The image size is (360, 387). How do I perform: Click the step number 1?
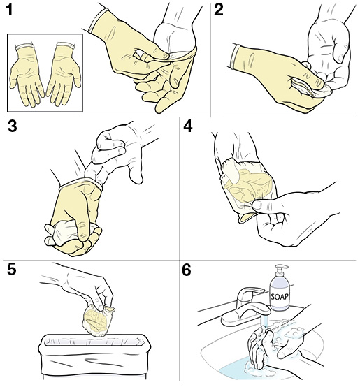pos(8,10)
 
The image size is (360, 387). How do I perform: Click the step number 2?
pos(219,10)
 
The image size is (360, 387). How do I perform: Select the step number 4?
pos(187,126)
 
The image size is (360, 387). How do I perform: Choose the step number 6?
pos(187,270)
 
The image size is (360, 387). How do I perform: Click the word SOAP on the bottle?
pos(280,296)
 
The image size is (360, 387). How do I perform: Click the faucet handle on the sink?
pos(250,293)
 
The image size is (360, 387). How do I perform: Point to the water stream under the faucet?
pos(264,321)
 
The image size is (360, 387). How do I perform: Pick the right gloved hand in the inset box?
pos(64,74)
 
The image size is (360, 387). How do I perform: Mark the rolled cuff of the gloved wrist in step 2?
pos(233,57)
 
